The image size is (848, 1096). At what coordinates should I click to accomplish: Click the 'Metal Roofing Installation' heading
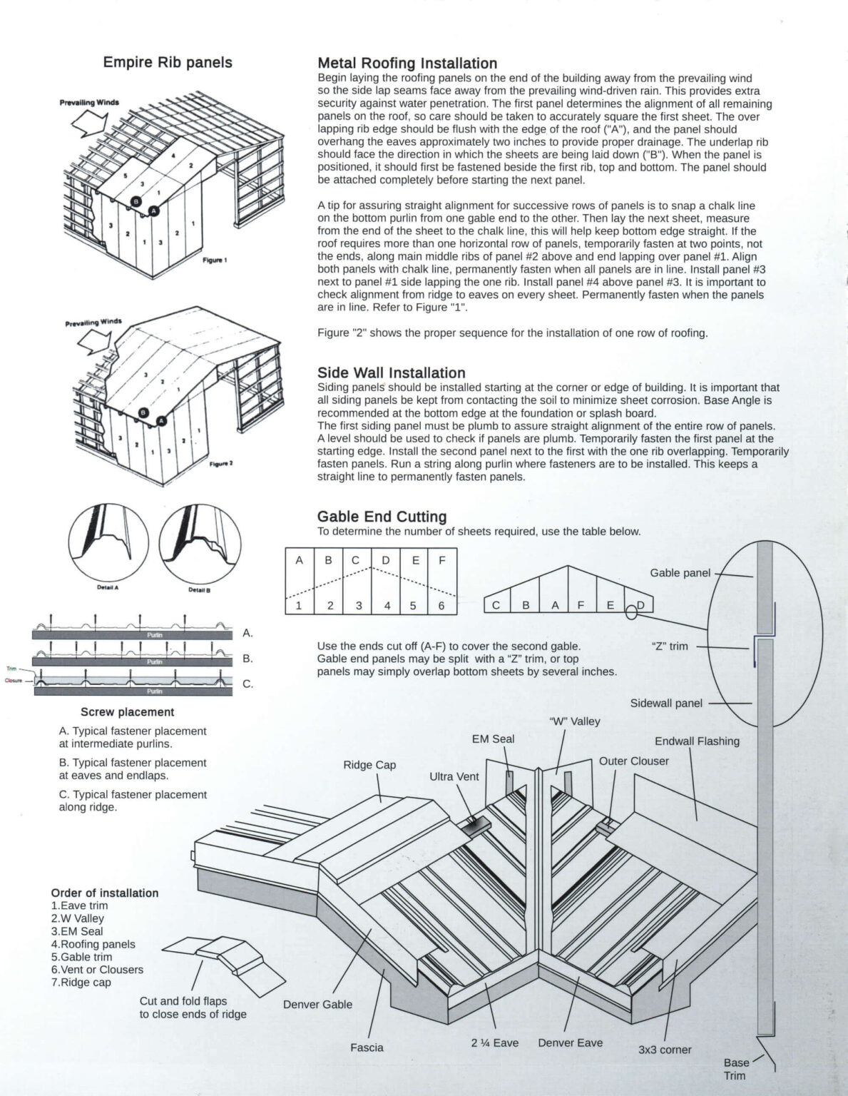407,64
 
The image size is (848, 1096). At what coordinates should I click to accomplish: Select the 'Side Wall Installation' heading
391,372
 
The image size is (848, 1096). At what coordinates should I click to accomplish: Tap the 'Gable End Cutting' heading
382,517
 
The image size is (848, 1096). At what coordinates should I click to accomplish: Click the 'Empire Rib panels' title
168,63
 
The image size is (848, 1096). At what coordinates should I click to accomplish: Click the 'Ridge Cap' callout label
369,765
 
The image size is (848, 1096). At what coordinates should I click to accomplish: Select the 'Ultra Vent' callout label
454,776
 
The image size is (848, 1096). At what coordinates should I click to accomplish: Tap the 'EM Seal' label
493,739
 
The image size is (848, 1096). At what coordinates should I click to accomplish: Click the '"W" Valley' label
575,721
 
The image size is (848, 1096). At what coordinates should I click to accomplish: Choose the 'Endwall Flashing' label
697,741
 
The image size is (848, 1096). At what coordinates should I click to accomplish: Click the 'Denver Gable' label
317,1004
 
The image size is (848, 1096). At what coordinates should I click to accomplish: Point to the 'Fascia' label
367,1047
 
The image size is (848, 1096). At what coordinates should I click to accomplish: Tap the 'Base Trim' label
735,1069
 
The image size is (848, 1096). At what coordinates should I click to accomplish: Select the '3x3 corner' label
665,1050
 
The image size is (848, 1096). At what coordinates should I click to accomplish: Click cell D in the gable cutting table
386,560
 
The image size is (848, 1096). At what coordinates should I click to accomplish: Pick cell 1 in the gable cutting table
300,606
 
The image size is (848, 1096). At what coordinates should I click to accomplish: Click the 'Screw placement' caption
127,712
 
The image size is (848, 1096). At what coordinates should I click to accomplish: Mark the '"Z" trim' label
670,646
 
